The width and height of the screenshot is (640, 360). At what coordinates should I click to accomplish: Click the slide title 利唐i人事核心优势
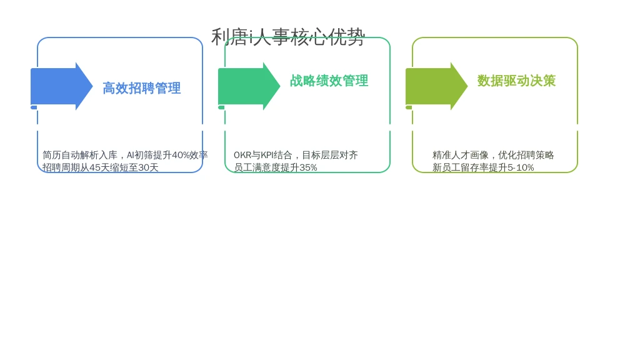coord(287,37)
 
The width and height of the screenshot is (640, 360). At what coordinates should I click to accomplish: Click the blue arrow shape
coord(62,86)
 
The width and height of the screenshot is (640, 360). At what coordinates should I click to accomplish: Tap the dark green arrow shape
coord(249,86)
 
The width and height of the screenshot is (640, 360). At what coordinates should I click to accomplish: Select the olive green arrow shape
coord(436,86)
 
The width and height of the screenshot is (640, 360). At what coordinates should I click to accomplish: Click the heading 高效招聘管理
coord(142,88)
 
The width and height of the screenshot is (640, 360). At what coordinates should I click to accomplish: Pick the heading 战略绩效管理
coord(329,81)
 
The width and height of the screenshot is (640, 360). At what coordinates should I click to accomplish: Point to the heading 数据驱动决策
coord(516,81)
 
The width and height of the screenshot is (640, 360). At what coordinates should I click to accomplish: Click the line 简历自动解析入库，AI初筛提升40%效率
coord(125,155)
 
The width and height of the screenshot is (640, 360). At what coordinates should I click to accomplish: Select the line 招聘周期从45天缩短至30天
coord(101,167)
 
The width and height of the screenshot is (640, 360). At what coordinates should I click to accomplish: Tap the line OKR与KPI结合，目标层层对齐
coord(296,155)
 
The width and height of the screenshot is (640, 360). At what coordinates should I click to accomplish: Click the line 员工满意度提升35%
coord(275,167)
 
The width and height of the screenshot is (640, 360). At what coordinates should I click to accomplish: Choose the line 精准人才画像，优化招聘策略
coord(493,155)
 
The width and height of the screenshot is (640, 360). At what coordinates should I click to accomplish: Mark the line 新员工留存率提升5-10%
coord(483,167)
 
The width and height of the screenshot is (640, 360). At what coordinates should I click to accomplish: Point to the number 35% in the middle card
coord(308,167)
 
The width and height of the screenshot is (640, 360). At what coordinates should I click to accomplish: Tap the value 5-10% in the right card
coord(521,167)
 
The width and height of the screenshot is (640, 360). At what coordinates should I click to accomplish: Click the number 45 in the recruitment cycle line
coord(95,167)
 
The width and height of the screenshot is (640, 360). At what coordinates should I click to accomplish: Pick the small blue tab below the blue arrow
coord(34,107)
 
